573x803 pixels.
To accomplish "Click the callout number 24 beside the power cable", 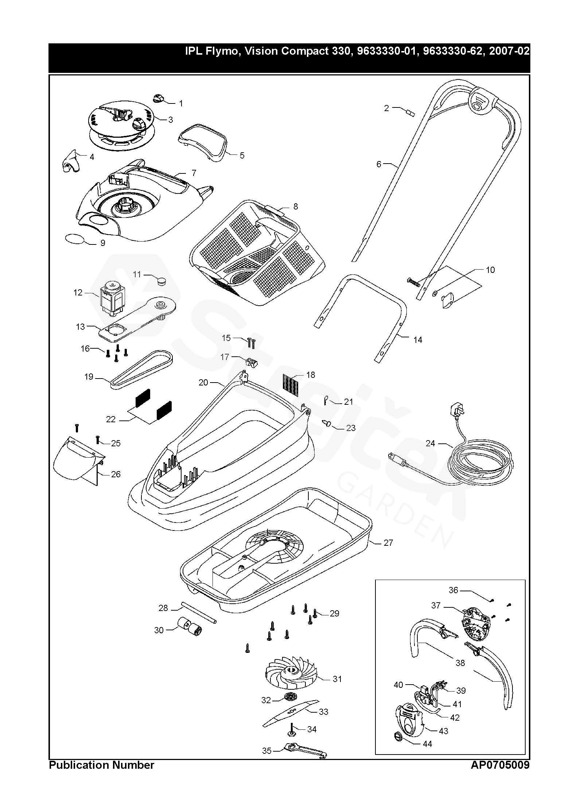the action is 430,443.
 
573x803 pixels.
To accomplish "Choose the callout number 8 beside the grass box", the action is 296,207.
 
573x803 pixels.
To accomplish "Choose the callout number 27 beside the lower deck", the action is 388,553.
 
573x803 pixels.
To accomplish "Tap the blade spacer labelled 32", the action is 290,696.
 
